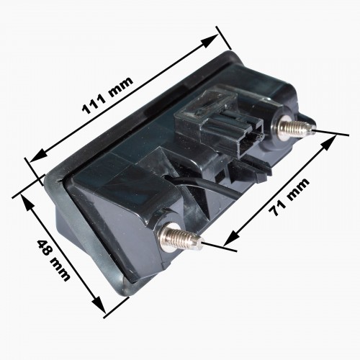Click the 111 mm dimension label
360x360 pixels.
click(107, 95)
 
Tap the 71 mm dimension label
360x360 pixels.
click(289, 197)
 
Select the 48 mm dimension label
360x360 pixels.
click(54, 260)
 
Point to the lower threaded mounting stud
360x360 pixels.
click(180, 238)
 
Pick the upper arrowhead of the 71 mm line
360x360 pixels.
click(329, 142)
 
